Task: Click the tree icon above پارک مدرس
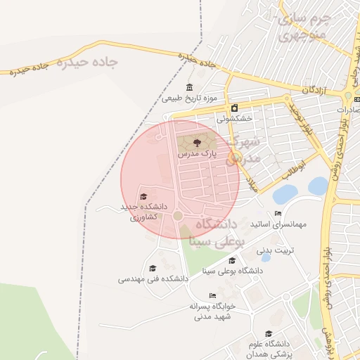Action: coord(196,142)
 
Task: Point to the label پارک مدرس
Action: coord(196,152)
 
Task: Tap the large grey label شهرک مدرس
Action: coord(243,150)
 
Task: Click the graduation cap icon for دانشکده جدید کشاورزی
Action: coord(143,197)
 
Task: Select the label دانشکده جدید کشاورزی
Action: coord(144,212)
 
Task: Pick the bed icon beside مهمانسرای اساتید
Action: coord(278,214)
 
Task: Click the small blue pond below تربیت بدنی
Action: coord(266,258)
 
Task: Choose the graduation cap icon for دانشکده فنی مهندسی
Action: coord(153,268)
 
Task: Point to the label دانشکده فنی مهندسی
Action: coord(153,278)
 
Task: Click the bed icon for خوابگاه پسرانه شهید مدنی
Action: coord(212,295)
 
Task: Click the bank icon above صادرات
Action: coord(347,97)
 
